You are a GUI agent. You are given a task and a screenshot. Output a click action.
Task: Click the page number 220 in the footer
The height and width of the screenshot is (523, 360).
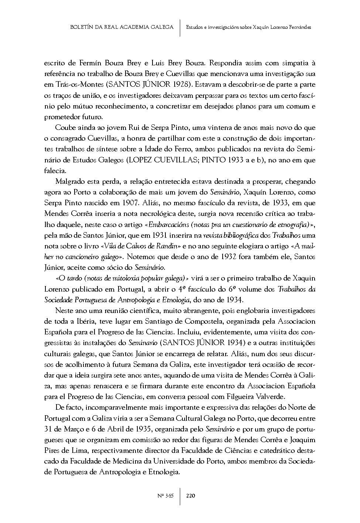pos(191,496)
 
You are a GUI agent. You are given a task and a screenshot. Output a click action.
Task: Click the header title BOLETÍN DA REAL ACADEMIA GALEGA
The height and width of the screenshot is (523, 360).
pos(121,27)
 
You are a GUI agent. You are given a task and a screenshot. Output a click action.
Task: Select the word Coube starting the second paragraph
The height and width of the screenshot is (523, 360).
pos(65,128)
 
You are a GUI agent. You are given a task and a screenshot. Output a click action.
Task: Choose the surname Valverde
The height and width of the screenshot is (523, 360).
pos(269,397)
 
